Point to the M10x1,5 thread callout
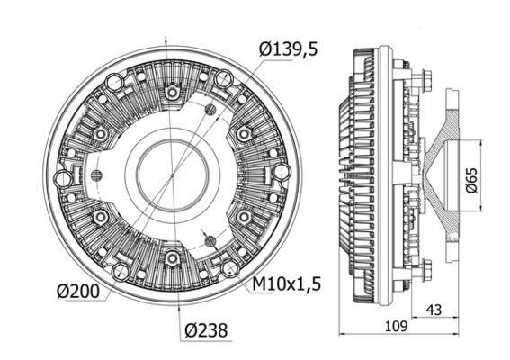tap(285, 285)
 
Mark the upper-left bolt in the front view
tap(101, 133)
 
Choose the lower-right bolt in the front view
tap(243, 217)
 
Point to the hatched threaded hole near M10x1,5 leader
tap(209, 239)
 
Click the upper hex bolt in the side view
tap(425, 84)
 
